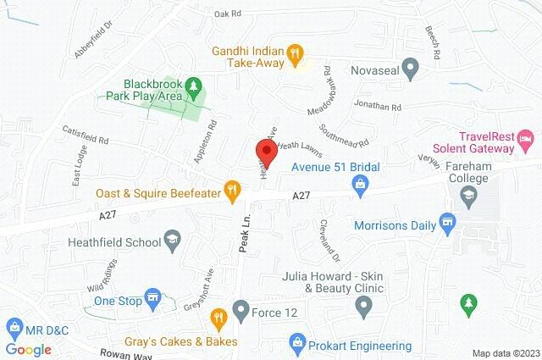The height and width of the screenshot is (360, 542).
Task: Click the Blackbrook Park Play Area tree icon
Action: click(x=194, y=86)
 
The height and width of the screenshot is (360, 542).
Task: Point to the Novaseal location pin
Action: click(x=411, y=64)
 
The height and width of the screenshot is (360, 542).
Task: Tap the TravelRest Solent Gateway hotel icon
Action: click(x=527, y=137)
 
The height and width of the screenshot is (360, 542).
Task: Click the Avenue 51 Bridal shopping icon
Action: click(x=360, y=183)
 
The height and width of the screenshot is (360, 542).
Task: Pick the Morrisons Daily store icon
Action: click(x=449, y=225)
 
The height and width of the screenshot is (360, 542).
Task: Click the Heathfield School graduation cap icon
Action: click(x=174, y=241)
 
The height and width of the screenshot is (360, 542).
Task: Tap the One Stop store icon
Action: click(x=152, y=298)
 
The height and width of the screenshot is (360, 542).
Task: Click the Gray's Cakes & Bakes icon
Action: click(x=219, y=319)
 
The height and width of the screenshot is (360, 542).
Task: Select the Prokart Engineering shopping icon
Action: click(x=296, y=341)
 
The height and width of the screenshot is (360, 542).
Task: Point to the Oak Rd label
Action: click(x=228, y=14)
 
